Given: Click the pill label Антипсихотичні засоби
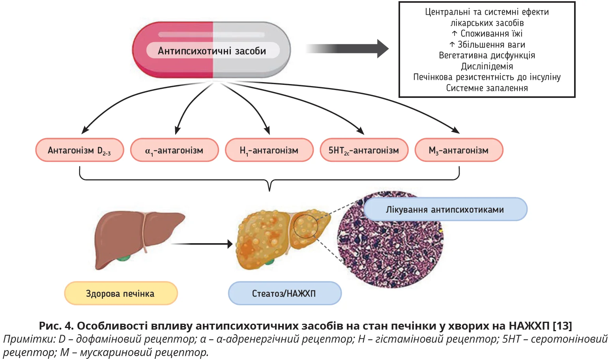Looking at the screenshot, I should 212,51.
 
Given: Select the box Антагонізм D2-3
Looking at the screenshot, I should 80,150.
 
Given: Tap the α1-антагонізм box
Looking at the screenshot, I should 174,150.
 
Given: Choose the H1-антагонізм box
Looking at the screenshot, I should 269,150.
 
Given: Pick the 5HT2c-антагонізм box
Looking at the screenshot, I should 364,150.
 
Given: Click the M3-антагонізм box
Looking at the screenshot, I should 459,150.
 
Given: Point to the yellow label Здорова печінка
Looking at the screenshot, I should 121,293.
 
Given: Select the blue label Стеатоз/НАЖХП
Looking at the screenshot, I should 284,293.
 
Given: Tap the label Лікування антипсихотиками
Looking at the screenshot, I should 445,209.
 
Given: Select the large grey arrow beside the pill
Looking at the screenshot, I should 347,49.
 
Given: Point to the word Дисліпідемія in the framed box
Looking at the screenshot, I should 487,66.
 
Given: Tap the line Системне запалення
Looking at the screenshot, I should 487,88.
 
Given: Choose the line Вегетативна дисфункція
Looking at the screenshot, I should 487,55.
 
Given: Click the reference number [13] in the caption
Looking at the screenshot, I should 562,326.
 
